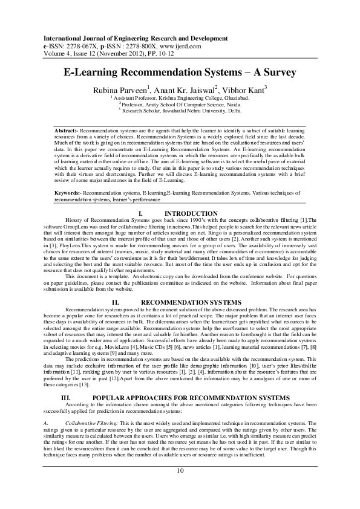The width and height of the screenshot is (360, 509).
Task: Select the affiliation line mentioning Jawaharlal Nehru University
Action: (x=180, y=111)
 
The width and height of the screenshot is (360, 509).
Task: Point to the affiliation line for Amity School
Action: (x=180, y=105)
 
